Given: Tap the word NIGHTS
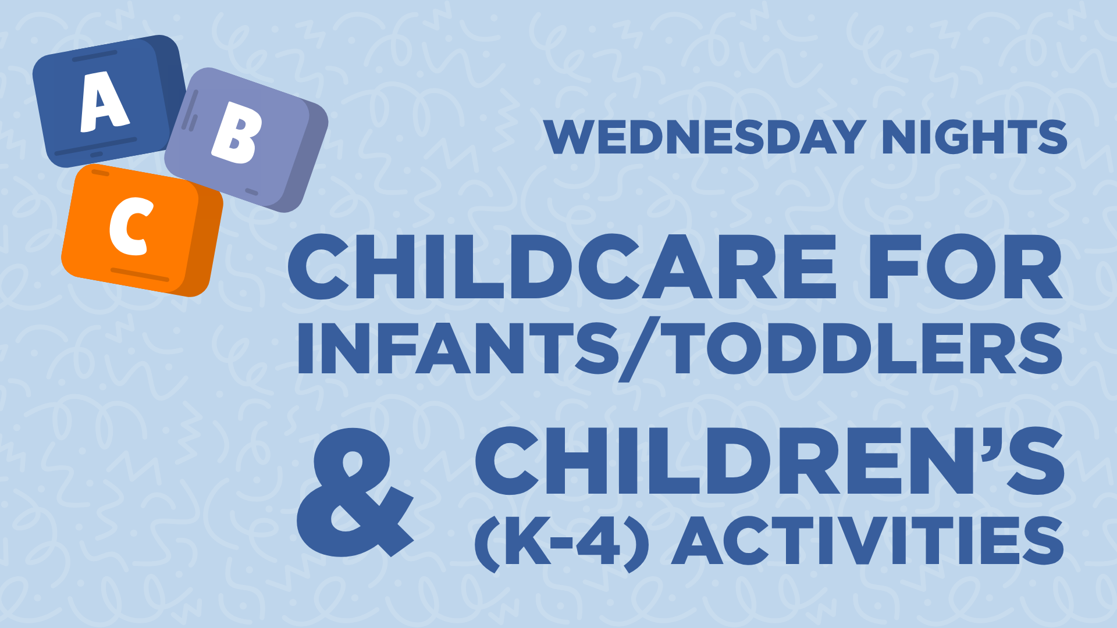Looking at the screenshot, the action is (974, 137).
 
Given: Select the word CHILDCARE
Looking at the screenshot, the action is (562, 267).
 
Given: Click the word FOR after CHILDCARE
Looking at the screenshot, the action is (966, 267).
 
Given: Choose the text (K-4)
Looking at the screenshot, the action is (561, 542).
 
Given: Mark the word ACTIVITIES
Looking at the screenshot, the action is (868, 541).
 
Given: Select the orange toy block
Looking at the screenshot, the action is (143, 230).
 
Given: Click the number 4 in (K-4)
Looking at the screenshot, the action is (599, 541).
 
